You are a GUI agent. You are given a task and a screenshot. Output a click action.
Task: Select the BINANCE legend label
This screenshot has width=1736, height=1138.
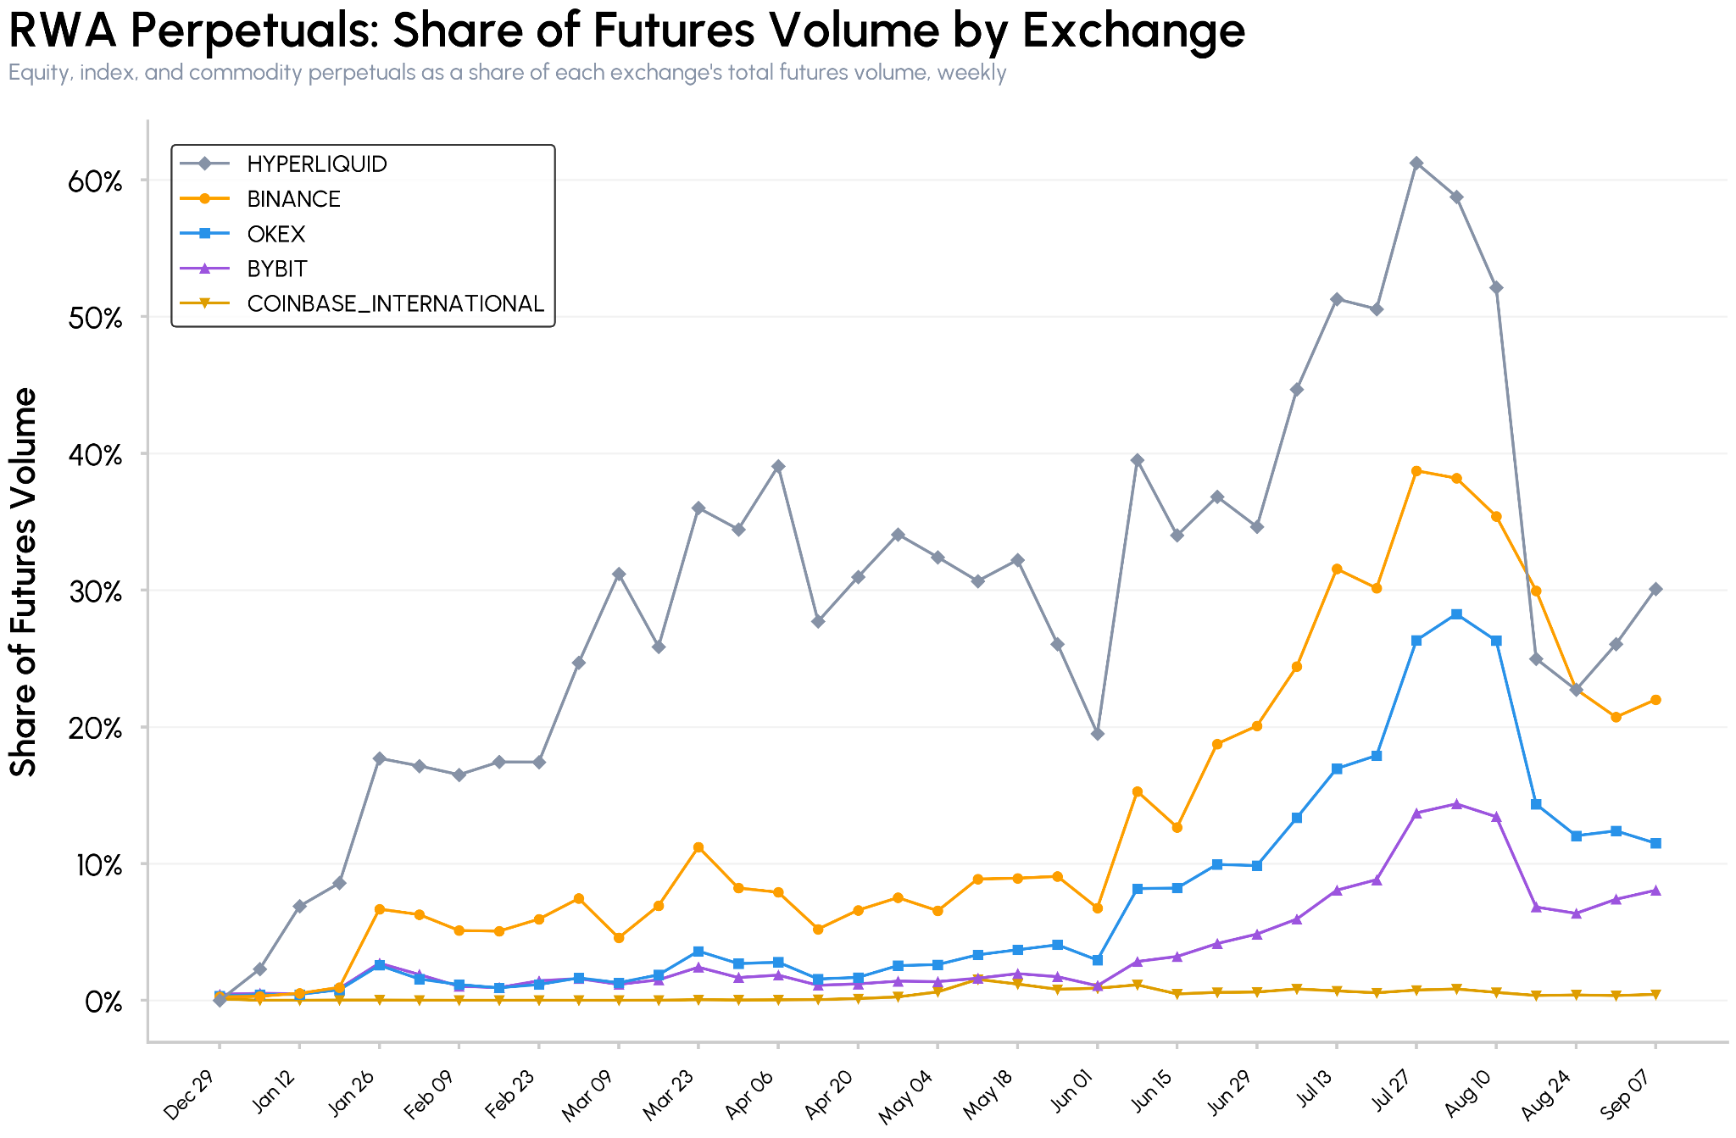(x=293, y=199)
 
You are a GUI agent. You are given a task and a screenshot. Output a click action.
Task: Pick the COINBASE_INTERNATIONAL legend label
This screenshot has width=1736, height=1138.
(x=395, y=303)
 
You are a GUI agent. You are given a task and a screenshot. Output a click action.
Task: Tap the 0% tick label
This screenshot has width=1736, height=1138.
(x=103, y=1002)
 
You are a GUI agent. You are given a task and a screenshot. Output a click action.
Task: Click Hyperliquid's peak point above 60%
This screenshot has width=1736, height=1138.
(x=1416, y=164)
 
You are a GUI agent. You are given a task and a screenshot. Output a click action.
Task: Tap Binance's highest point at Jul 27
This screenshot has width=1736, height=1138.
(x=1416, y=471)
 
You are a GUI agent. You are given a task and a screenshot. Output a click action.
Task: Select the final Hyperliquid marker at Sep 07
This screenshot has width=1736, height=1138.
(x=1655, y=589)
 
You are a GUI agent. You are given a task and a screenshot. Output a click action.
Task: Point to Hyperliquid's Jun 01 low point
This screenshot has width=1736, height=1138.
(x=1098, y=734)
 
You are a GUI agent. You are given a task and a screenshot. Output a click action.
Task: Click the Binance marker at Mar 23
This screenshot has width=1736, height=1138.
(x=698, y=847)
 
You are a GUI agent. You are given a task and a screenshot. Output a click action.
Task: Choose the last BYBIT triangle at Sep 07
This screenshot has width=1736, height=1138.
(x=1655, y=891)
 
